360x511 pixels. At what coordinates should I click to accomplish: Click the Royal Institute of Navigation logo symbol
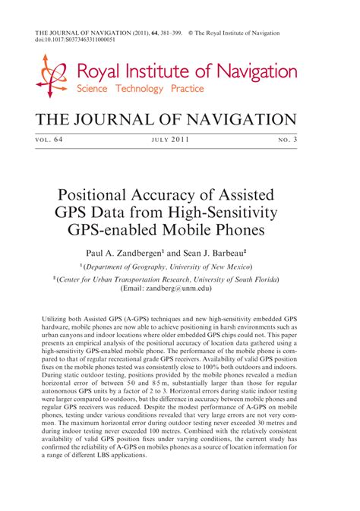(x=52, y=76)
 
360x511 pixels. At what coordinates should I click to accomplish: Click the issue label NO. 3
(x=284, y=140)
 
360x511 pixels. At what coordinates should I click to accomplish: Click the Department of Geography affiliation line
(x=170, y=267)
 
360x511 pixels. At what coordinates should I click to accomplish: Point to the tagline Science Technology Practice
(x=131, y=89)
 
